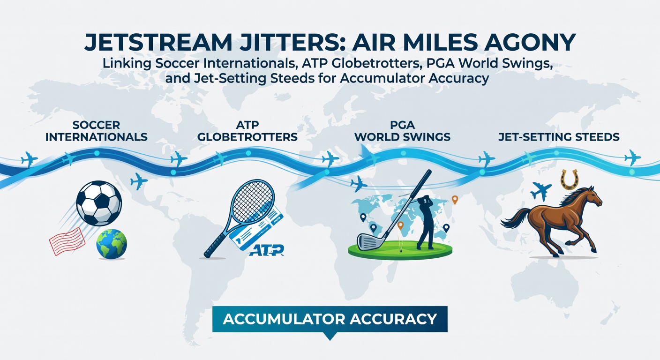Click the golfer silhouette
click(x=425, y=217)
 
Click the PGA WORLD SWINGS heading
click(x=402, y=131)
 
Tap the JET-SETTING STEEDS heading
click(x=559, y=137)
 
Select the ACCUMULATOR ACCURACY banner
click(x=330, y=319)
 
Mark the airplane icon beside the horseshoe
click(x=541, y=191)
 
